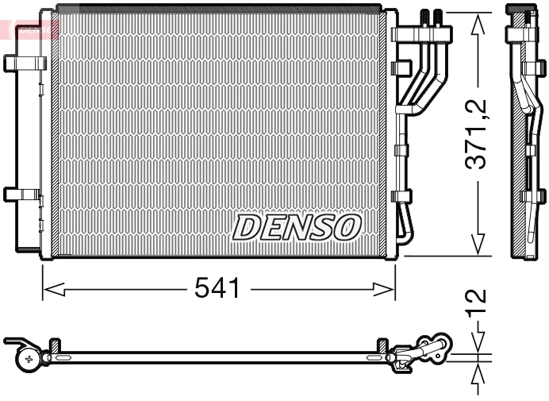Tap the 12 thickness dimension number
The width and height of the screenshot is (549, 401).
click(475, 303)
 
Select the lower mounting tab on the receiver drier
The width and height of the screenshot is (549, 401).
click(21, 194)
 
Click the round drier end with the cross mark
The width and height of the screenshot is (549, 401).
click(30, 359)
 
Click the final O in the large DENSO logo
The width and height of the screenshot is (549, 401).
click(347, 228)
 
